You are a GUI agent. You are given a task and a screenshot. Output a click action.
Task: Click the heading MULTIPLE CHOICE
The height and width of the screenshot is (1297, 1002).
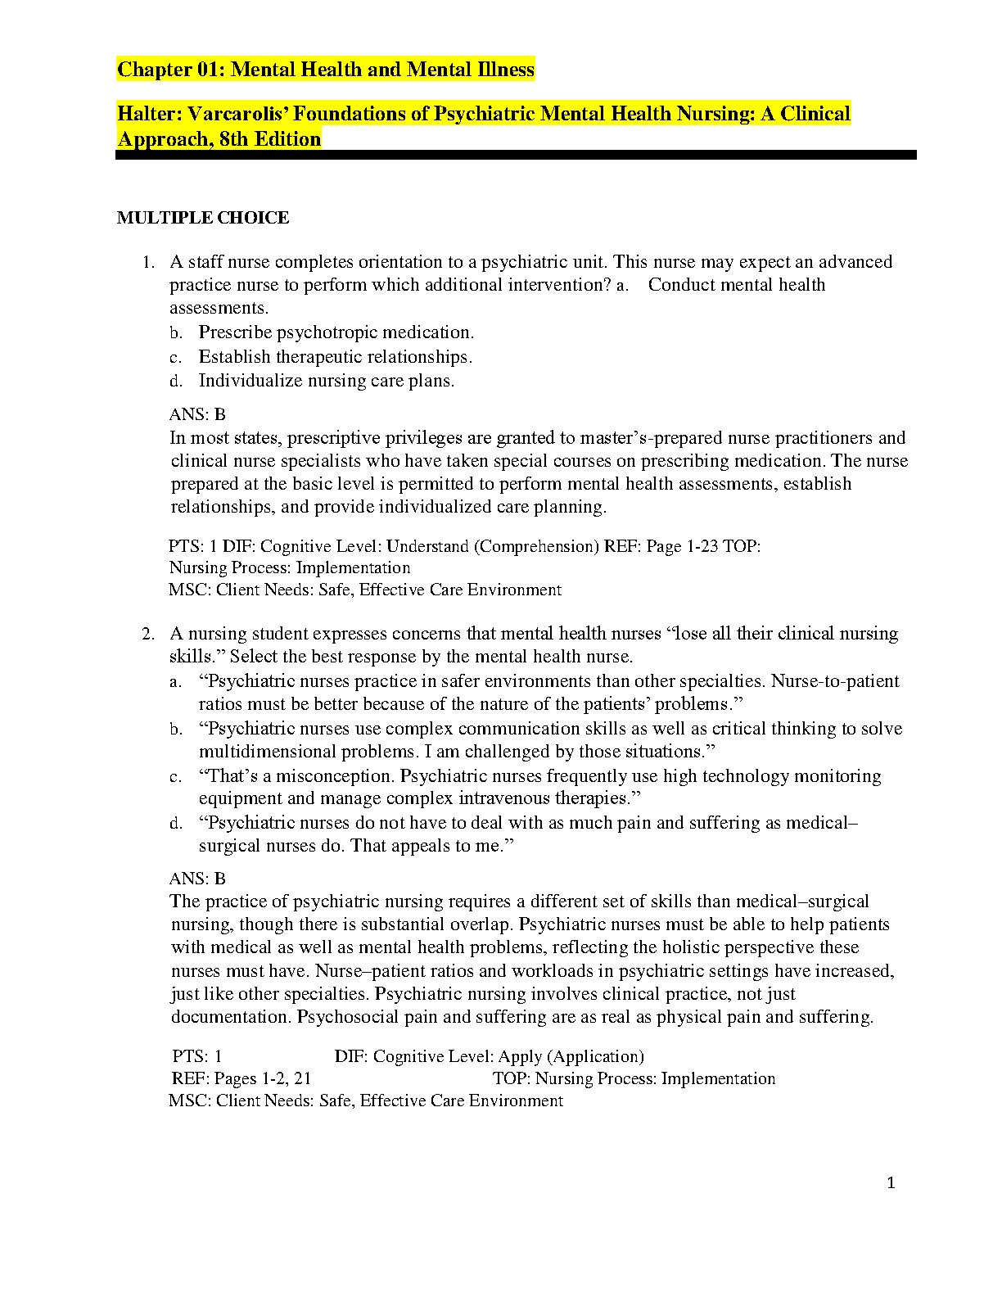[x=203, y=218]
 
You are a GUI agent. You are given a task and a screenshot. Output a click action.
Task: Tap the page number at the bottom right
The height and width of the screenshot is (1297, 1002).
[x=891, y=1182]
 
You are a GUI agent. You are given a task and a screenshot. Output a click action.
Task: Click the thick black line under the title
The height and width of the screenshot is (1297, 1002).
[x=516, y=155]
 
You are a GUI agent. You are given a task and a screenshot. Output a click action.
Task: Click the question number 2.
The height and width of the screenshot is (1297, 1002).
[x=147, y=634]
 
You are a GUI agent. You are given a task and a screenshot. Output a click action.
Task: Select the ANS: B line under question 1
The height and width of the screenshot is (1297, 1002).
[x=197, y=414]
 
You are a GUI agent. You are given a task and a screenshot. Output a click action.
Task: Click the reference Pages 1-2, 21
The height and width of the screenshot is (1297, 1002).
[x=262, y=1079]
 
